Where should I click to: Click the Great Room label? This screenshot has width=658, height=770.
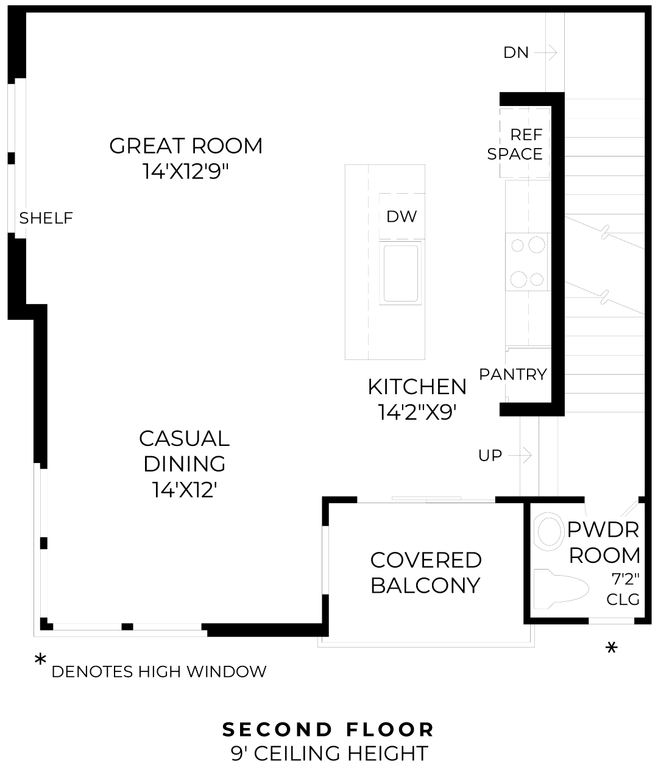pos(186,146)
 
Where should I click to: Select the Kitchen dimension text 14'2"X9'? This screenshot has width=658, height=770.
pos(417,412)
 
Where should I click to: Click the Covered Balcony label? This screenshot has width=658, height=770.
pos(426,573)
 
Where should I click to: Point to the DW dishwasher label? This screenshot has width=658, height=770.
pos(402,216)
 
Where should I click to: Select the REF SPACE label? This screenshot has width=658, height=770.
pos(516,144)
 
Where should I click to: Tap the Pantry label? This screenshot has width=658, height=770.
pos(513,374)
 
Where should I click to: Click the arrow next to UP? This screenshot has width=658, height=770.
pos(520,455)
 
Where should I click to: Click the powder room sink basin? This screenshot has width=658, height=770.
pos(548,531)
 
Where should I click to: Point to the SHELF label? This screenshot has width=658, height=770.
pos(46,218)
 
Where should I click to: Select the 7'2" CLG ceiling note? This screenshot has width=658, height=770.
pos(623,589)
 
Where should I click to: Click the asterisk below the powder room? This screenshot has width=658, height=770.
pos(611,648)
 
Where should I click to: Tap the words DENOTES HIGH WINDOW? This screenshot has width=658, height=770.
pos(159,672)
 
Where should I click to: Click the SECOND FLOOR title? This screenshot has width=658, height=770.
pos(328,729)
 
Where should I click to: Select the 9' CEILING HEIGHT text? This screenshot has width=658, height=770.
pos(329,754)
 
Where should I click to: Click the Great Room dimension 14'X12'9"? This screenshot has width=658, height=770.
pos(186,172)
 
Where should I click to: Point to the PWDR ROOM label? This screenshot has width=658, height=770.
pos(604,542)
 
